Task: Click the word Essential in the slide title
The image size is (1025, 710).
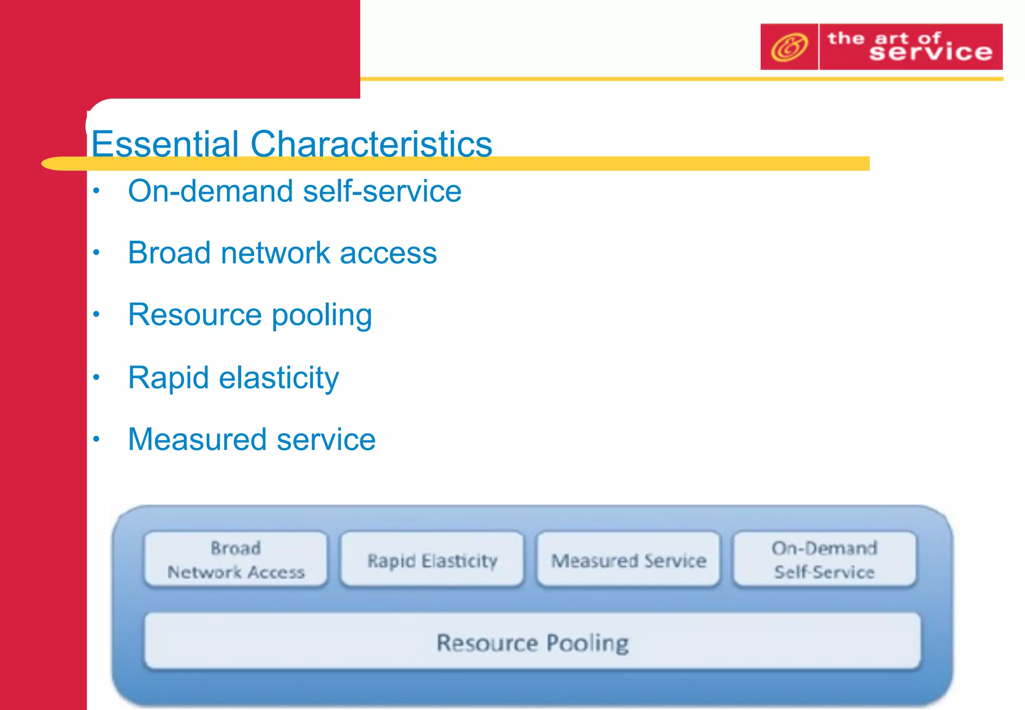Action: click(x=165, y=144)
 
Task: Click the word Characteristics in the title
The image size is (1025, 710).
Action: click(x=371, y=144)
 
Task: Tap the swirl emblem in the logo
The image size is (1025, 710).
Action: click(x=789, y=47)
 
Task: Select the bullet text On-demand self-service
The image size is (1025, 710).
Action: click(x=294, y=191)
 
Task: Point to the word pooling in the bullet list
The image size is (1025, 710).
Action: click(x=322, y=315)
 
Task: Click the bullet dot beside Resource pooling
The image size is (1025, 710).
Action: click(x=97, y=314)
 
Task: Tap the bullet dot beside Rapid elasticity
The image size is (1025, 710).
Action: click(x=97, y=377)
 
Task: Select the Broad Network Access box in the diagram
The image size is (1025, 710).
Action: click(x=236, y=559)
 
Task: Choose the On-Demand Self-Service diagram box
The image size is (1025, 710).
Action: click(x=824, y=559)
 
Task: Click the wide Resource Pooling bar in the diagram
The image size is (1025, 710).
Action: click(x=533, y=642)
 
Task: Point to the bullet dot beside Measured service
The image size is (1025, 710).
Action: click(x=97, y=439)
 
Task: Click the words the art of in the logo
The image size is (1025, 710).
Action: click(x=883, y=38)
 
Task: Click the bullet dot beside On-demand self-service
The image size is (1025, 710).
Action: click(x=97, y=191)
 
